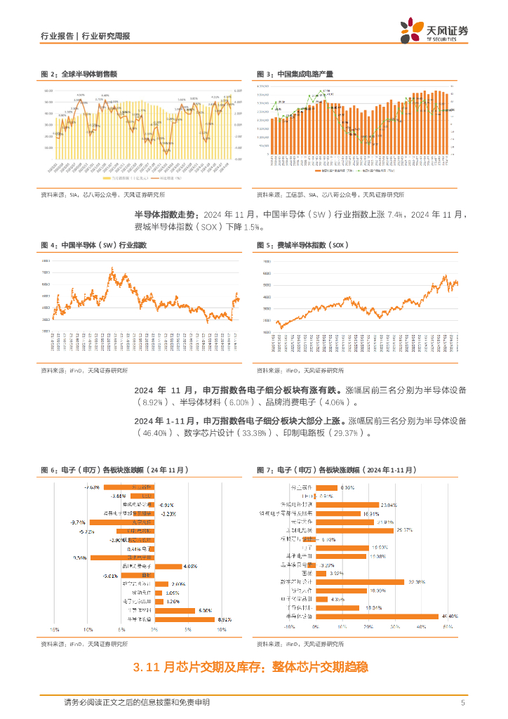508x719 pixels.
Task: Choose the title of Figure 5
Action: (x=302, y=245)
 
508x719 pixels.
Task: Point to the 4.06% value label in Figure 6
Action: (x=190, y=566)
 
